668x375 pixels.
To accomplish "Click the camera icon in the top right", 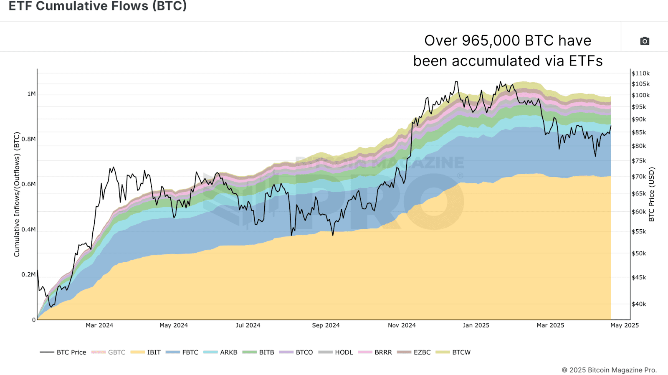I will click(x=645, y=41).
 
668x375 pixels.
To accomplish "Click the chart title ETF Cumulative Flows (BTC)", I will click(x=98, y=6).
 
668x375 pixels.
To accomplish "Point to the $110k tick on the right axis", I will click(x=640, y=73).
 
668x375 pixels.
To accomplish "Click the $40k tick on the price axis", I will click(x=639, y=304).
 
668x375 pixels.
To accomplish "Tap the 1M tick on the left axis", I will click(x=31, y=94).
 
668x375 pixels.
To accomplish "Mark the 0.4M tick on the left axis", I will click(x=28, y=229).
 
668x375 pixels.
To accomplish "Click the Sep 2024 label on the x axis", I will click(x=326, y=325).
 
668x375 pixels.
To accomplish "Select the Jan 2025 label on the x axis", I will click(x=476, y=325).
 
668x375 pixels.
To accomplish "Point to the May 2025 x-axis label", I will click(x=625, y=325).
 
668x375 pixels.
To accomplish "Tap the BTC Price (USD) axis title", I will click(x=652, y=194).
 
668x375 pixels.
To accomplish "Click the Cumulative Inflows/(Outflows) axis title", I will click(x=17, y=194).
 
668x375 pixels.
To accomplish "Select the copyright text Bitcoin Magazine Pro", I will click(x=609, y=370).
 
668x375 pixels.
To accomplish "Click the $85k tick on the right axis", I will click(x=639, y=132).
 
